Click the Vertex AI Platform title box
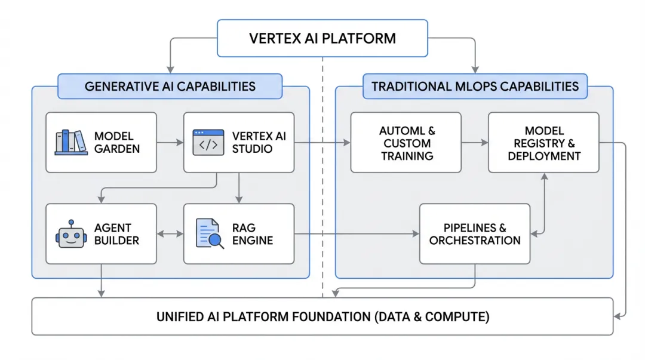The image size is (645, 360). click(x=322, y=39)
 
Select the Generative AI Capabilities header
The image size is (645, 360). click(x=170, y=86)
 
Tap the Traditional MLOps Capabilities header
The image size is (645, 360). click(x=475, y=86)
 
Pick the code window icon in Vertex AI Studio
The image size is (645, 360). click(x=208, y=143)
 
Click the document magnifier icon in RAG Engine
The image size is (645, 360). click(x=210, y=233)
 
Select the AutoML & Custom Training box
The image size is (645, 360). click(x=406, y=143)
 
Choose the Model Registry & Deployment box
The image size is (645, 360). click(x=543, y=143)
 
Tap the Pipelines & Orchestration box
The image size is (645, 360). click(x=475, y=234)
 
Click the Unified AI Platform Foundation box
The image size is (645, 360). click(x=322, y=316)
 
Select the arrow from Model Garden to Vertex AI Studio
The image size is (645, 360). click(x=170, y=143)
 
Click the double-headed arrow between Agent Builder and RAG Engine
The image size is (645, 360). click(x=170, y=234)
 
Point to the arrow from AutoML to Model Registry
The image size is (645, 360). click(x=475, y=143)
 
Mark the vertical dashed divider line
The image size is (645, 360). click(x=322, y=179)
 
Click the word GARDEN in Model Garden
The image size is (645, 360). click(x=117, y=149)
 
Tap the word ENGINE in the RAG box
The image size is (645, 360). click(x=253, y=241)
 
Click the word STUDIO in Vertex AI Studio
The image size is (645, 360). click(x=252, y=149)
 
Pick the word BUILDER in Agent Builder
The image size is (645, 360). click(x=116, y=241)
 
